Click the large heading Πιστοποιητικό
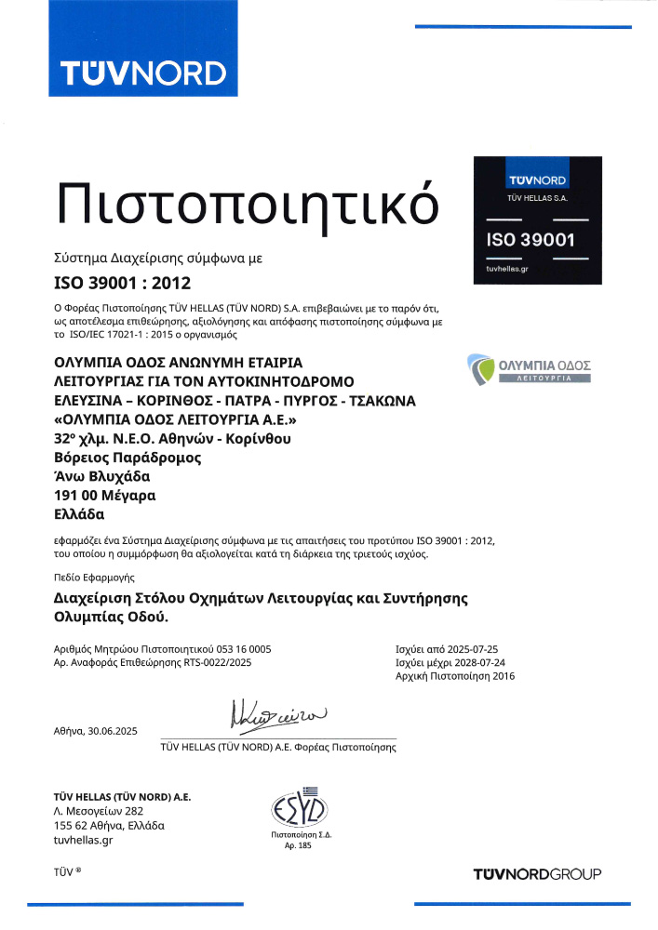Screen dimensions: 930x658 (246, 201)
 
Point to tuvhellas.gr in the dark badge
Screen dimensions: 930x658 (507, 268)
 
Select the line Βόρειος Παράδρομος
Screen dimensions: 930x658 (128, 458)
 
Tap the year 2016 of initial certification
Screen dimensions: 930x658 (499, 676)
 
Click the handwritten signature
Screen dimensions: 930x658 (279, 717)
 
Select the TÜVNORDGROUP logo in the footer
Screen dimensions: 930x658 (537, 873)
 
